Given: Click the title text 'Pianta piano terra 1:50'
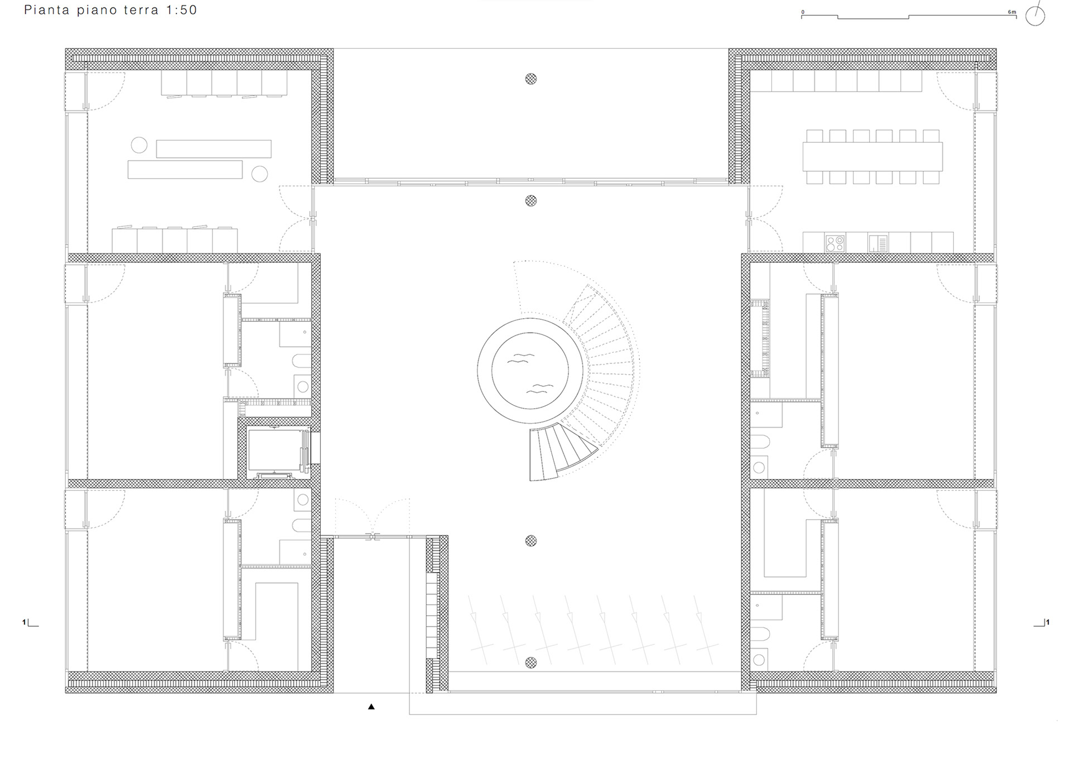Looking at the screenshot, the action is click(x=110, y=10).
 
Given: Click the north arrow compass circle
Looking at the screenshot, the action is click(x=1035, y=16).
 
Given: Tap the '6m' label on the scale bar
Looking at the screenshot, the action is click(x=1012, y=12).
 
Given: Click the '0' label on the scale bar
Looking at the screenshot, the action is click(x=803, y=12).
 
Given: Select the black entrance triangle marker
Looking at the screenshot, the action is click(x=372, y=707).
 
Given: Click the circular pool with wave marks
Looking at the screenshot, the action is click(x=530, y=371).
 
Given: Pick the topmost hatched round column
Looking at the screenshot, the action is click(x=531, y=79).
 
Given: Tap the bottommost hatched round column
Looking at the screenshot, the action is click(x=531, y=663).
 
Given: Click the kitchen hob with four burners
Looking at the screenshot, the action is click(x=835, y=243).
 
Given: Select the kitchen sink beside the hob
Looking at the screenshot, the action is click(x=878, y=243).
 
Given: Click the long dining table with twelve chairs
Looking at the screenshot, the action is click(x=872, y=156).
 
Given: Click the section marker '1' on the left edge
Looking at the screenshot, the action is click(x=25, y=622).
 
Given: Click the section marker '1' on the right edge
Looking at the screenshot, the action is click(x=1048, y=622).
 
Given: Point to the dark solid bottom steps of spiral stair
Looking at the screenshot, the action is click(x=561, y=452).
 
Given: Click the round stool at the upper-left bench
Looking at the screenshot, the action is click(x=139, y=145).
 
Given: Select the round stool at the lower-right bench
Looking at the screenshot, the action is click(x=259, y=174).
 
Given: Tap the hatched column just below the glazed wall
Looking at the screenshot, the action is click(x=531, y=200).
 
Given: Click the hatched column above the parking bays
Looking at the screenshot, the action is click(x=531, y=540).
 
